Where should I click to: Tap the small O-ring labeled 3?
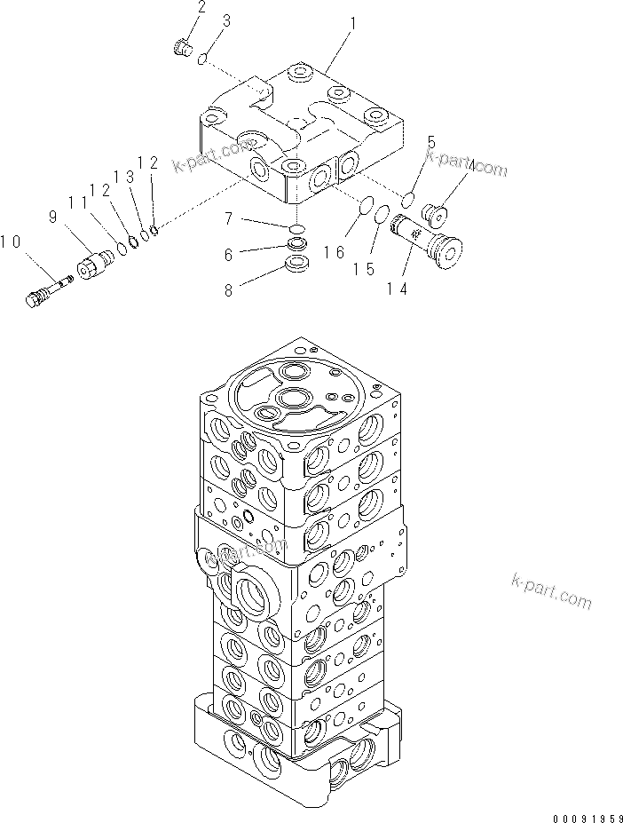pos(203,59)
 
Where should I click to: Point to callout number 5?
pos(431,142)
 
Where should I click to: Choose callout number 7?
pos(228,218)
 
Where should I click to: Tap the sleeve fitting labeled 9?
pos(95,263)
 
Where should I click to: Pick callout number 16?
pos(334,253)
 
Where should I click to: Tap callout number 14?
pos(396,289)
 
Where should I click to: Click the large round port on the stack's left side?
pos(255,590)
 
